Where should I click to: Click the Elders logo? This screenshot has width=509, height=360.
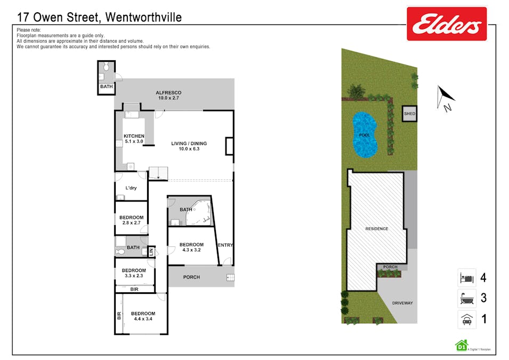point(447,23)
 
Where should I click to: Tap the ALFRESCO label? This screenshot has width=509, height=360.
point(168,93)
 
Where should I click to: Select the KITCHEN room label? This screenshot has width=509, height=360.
point(134,136)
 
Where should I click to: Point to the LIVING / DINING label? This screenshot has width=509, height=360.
point(189,143)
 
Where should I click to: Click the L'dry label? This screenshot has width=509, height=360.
point(131,188)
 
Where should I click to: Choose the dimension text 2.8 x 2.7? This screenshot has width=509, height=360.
point(132,223)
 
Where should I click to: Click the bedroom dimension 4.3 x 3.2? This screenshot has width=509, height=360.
point(191,250)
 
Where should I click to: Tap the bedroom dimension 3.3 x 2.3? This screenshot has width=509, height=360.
point(134,276)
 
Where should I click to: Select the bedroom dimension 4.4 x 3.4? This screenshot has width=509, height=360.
point(143,319)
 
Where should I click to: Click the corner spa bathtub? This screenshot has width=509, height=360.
point(199,213)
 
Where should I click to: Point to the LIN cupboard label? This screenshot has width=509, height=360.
point(151,251)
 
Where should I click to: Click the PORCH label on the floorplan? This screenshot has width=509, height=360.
point(191,277)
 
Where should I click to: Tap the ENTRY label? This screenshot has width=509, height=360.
point(225,245)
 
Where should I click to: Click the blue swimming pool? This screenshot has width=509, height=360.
point(365,135)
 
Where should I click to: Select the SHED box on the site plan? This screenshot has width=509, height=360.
point(409,114)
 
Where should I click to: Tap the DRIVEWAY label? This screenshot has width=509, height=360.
point(402,303)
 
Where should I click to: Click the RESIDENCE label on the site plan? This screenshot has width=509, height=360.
point(377,229)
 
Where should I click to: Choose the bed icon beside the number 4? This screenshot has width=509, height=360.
point(467,278)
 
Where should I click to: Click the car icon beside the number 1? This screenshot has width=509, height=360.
point(467,319)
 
